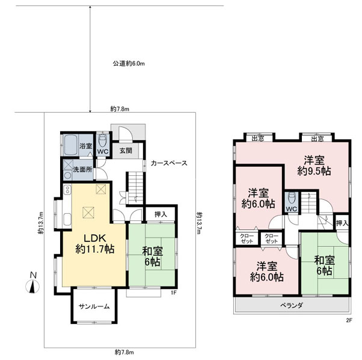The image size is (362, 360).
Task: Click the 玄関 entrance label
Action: point(126,151)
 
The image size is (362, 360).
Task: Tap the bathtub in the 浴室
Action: point(70,145)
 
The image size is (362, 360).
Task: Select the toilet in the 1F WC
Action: point(102,140)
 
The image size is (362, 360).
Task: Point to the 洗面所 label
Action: point(82,169)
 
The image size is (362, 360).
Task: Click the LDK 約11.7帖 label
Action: point(94,244)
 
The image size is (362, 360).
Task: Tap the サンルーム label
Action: point(94,306)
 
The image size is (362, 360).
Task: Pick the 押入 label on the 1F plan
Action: point(161,214)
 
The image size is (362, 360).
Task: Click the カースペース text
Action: point(169,163)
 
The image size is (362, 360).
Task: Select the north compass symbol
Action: point(32,283)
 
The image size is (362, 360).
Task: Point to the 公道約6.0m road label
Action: point(129,64)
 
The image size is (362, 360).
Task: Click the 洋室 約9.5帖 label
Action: point(314,166)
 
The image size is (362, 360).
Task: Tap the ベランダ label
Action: point(292,305)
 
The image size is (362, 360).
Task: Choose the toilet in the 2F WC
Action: point(292,198)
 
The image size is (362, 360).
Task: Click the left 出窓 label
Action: point(258,138)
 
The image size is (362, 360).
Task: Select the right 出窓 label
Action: point(318,138)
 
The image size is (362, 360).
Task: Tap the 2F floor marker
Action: point(349,320)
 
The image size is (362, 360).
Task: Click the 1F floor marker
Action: point(174,293)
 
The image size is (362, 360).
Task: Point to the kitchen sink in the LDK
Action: point(67,219)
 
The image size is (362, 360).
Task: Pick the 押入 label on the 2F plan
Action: point(342,223)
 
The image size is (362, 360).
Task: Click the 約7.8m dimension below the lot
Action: point(124,353)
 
